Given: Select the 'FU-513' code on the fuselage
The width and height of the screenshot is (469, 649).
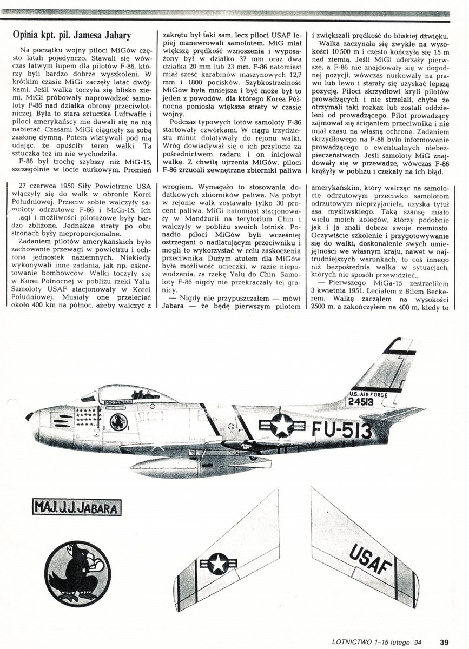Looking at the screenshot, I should tap(342, 430).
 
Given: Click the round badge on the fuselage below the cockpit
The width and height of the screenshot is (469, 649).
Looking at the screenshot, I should tap(118, 421).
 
